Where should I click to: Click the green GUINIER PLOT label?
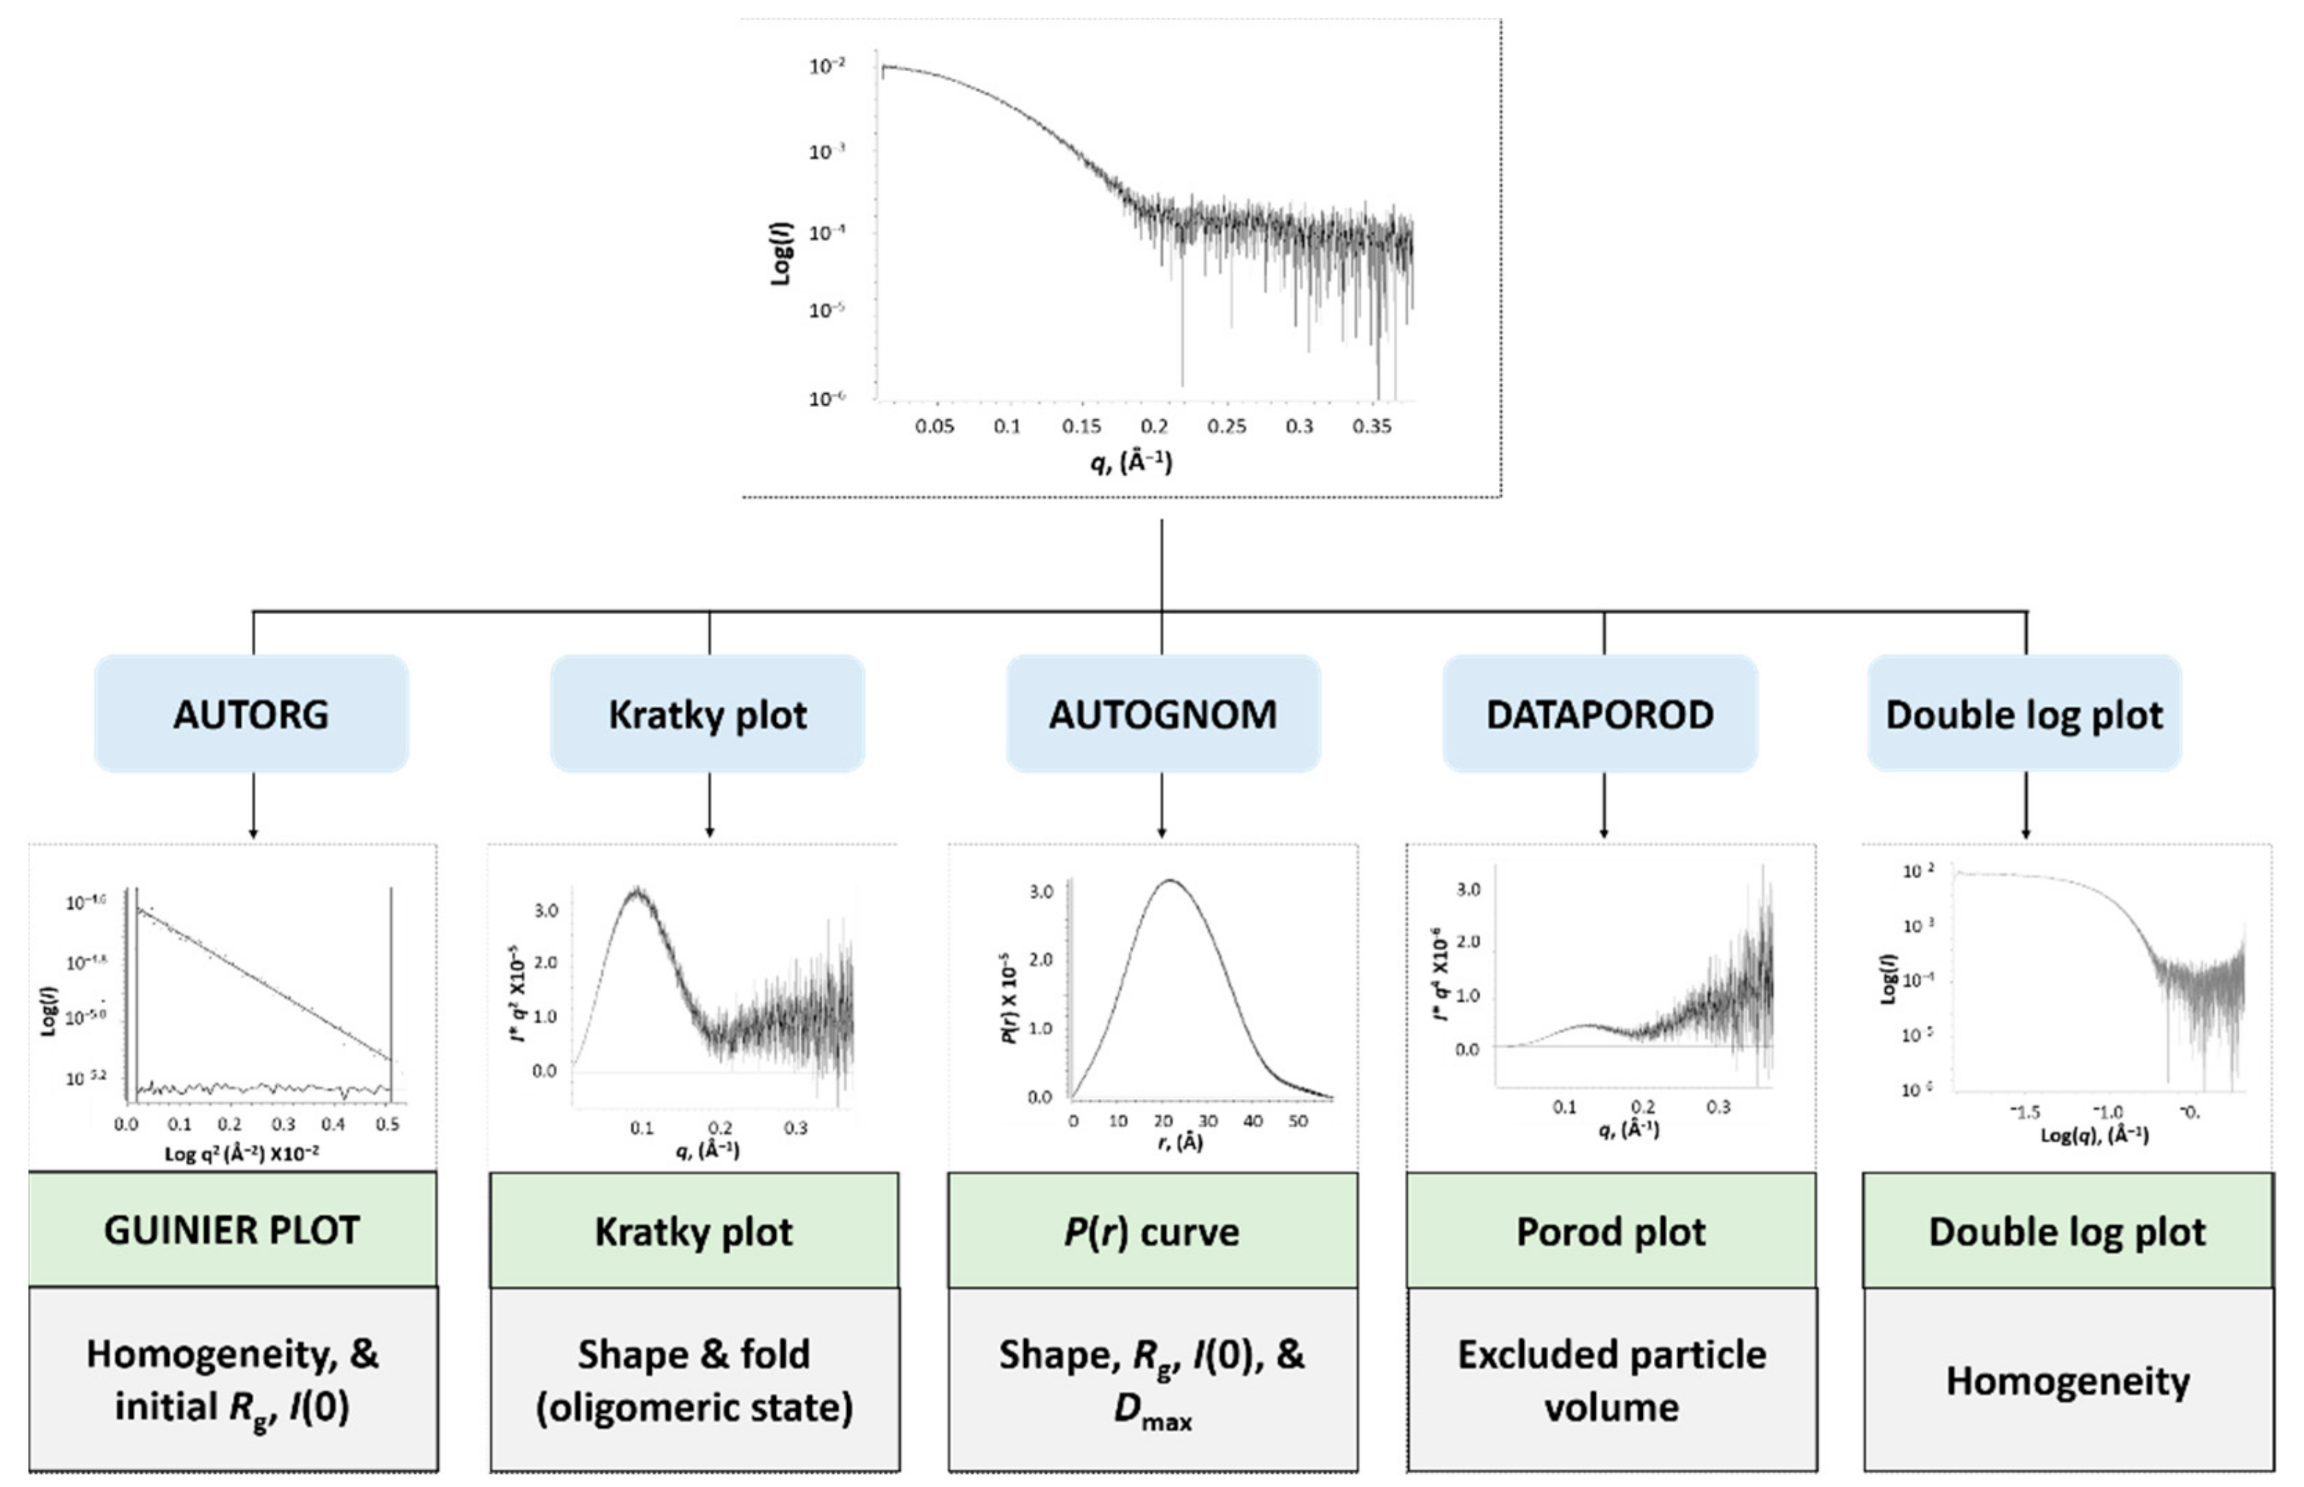coord(231,1230)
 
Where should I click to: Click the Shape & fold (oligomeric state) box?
coord(694,1380)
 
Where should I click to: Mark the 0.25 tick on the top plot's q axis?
coord(1226,427)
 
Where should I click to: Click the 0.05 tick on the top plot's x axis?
coord(934,427)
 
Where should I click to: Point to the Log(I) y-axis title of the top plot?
coord(780,253)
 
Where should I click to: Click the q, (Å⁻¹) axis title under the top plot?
coord(1131,463)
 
